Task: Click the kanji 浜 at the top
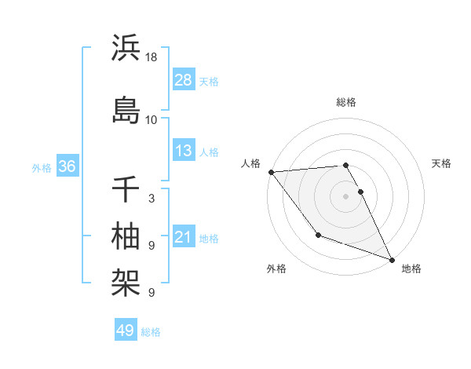[x=126, y=48]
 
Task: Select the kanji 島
[x=126, y=108]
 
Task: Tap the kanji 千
[x=126, y=190]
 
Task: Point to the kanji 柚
[x=126, y=235]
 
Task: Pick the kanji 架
[x=126, y=279]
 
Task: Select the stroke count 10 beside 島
[x=152, y=120]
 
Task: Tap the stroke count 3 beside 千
[x=152, y=199]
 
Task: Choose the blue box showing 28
[x=184, y=80]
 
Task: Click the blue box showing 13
[x=184, y=151]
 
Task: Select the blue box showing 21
[x=184, y=237]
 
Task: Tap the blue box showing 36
[x=67, y=166]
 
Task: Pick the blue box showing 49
[x=126, y=331]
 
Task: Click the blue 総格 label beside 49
[x=152, y=332]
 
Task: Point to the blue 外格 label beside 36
[x=42, y=168]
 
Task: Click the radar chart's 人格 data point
[x=271, y=172]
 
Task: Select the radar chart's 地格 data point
[x=392, y=260]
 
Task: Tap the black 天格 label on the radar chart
[x=442, y=163]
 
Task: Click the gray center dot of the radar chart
[x=345, y=195]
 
